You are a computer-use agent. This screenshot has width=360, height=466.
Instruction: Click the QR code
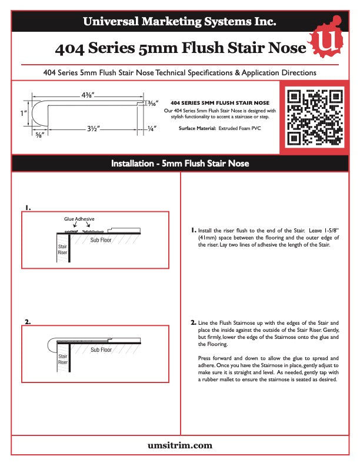[314, 116]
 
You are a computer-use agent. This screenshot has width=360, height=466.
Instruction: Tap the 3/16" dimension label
[152, 104]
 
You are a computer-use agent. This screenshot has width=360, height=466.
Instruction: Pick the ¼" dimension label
[152, 128]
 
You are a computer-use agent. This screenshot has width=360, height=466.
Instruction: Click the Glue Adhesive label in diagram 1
[79, 218]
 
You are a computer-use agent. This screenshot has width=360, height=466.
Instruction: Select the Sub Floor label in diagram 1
[101, 240]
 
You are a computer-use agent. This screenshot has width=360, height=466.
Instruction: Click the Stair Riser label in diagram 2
[62, 359]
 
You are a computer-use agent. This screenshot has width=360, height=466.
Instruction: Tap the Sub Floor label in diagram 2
[101, 350]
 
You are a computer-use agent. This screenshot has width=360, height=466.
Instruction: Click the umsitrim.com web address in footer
[179, 445]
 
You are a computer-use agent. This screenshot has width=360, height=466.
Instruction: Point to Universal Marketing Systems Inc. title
[179, 22]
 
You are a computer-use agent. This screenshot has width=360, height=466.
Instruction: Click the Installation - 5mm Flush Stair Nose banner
[179, 163]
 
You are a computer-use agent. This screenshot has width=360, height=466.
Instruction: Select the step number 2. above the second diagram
[28, 322]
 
